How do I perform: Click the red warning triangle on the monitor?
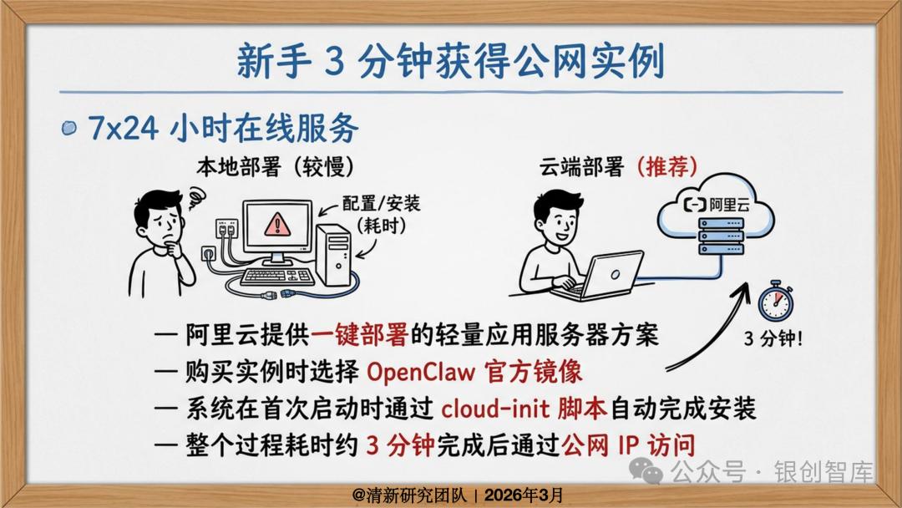click(x=277, y=224)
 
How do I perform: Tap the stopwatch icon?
click(x=775, y=301)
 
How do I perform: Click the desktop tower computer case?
click(x=333, y=256)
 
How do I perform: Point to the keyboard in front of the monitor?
click(x=277, y=277)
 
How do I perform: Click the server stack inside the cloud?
click(x=722, y=236)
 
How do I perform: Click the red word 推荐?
click(x=667, y=167)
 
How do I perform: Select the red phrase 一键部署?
click(x=359, y=335)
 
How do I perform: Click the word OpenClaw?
click(x=420, y=372)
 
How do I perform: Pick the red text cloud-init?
click(x=495, y=409)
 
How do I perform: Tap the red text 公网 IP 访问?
click(x=628, y=444)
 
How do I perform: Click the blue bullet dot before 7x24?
click(x=68, y=127)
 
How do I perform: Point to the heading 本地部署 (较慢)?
click(x=275, y=167)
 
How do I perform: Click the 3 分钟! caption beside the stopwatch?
click(x=773, y=338)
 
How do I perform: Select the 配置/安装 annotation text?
click(x=381, y=203)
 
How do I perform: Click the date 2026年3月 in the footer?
click(x=524, y=495)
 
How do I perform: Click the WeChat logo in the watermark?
click(x=646, y=471)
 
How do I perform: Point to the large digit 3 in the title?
click(x=334, y=62)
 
